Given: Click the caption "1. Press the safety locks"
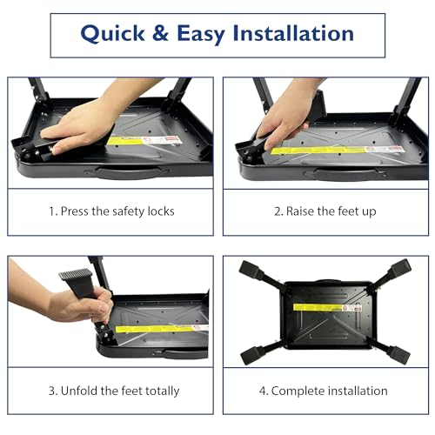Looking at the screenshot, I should [x=110, y=211].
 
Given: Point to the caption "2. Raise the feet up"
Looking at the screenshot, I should [x=325, y=211].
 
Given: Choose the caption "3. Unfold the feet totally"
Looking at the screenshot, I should [x=110, y=391].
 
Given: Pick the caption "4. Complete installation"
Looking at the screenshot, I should [x=325, y=391].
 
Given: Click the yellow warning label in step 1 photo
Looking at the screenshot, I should [x=144, y=139].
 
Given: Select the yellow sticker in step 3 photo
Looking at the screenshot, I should [x=161, y=328].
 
